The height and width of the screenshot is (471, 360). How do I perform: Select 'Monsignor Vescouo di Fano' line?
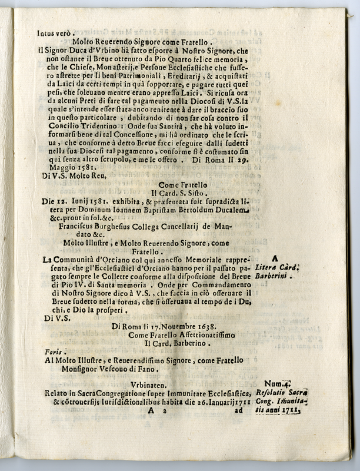pyautogui.click(x=116, y=369)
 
